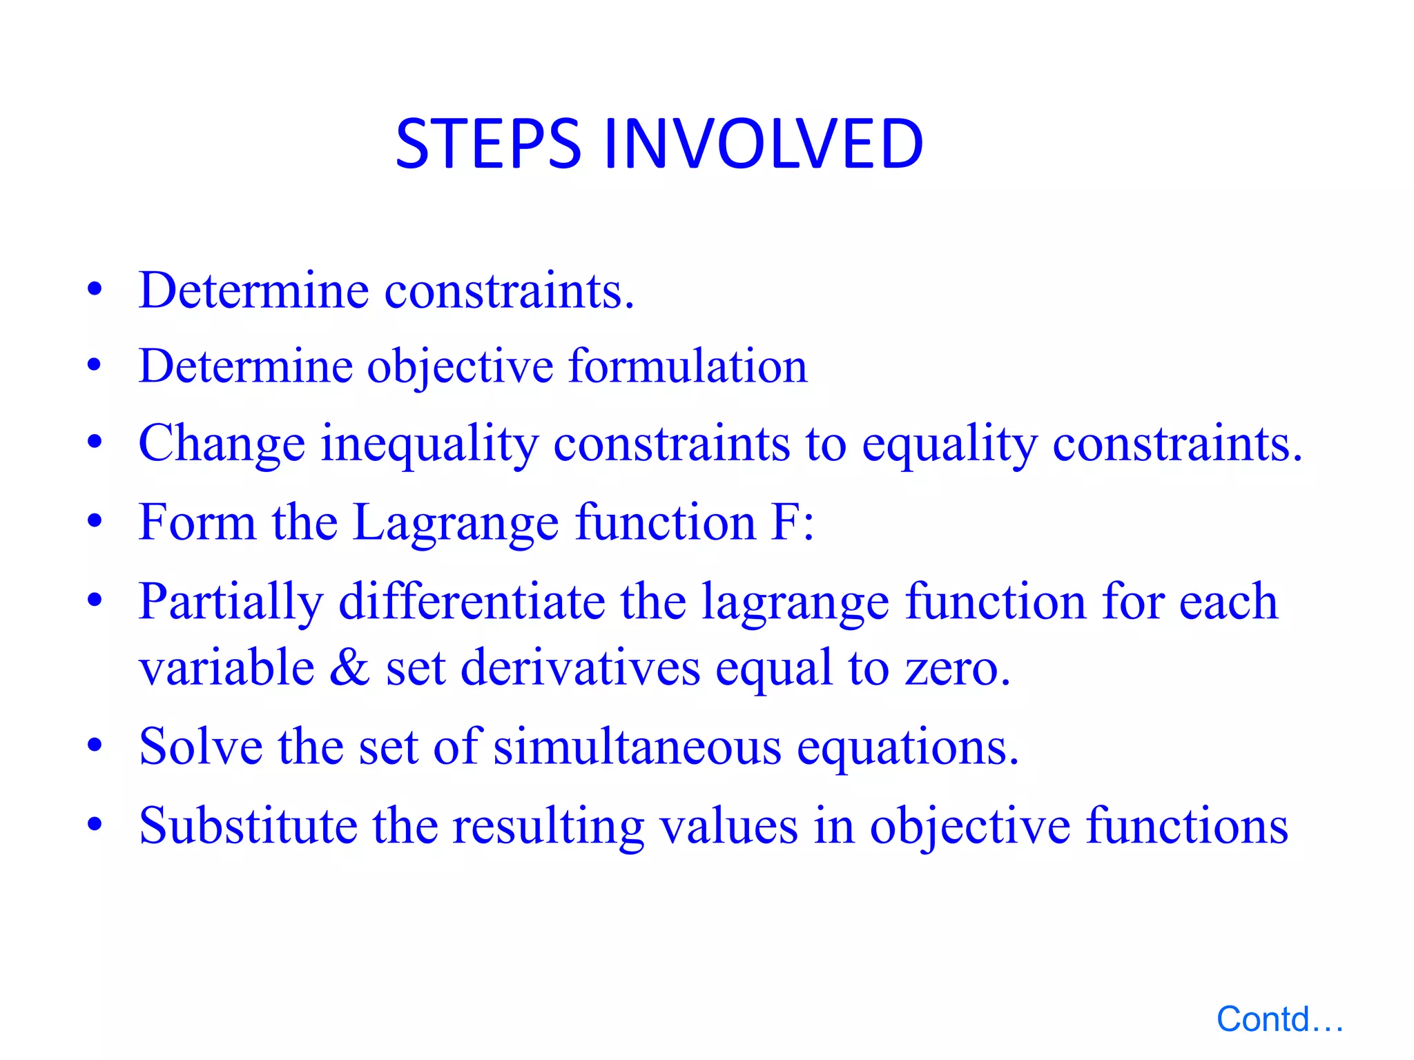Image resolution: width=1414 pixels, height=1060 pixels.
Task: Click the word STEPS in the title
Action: point(487,144)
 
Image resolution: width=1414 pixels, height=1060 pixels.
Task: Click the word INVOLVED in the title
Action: point(763,144)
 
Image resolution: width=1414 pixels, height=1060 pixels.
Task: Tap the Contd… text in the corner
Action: point(1279,1019)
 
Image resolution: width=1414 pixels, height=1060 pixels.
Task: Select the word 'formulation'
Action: point(687,366)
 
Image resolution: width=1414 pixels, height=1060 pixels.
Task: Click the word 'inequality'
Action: point(429,444)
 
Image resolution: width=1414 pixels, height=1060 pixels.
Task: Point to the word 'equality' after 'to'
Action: point(949,444)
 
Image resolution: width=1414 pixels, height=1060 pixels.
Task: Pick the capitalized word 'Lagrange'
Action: point(456,523)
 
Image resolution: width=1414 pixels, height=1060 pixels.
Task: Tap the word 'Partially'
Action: point(231,602)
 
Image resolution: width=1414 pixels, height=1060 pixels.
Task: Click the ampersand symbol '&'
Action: point(349,667)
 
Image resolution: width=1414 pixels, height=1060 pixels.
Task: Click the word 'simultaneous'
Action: point(637,747)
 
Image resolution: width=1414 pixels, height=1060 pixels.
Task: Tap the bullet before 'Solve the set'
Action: point(95,746)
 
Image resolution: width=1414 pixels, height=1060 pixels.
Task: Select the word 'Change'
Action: point(222,444)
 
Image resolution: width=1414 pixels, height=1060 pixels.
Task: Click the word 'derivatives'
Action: point(580,667)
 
